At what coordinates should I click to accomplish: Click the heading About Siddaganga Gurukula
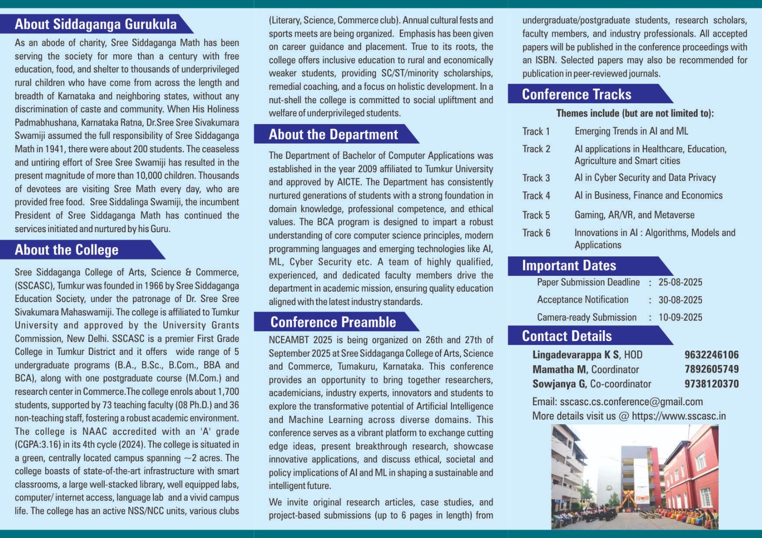click(95, 24)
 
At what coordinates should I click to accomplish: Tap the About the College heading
click(66, 250)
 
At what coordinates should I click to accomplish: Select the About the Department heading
click(333, 135)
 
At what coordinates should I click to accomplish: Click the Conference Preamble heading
click(333, 322)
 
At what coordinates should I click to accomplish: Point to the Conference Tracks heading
click(576, 94)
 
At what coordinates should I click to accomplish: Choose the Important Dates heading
click(569, 265)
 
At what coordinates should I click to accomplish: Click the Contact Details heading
click(566, 336)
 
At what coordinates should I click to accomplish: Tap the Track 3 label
click(536, 178)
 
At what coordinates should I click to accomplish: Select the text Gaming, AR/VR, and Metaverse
click(634, 215)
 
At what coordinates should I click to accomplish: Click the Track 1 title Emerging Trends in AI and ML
click(631, 131)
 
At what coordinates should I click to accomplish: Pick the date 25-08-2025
click(680, 282)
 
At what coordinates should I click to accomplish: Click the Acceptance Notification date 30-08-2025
click(680, 300)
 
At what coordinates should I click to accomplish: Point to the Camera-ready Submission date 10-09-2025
click(680, 317)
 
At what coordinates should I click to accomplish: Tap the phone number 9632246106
click(712, 355)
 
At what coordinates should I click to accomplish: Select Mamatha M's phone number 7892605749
click(712, 369)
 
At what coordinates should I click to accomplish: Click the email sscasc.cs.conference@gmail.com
click(631, 401)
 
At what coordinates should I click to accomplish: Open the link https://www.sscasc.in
click(679, 416)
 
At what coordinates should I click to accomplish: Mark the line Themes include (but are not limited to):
click(635, 113)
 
